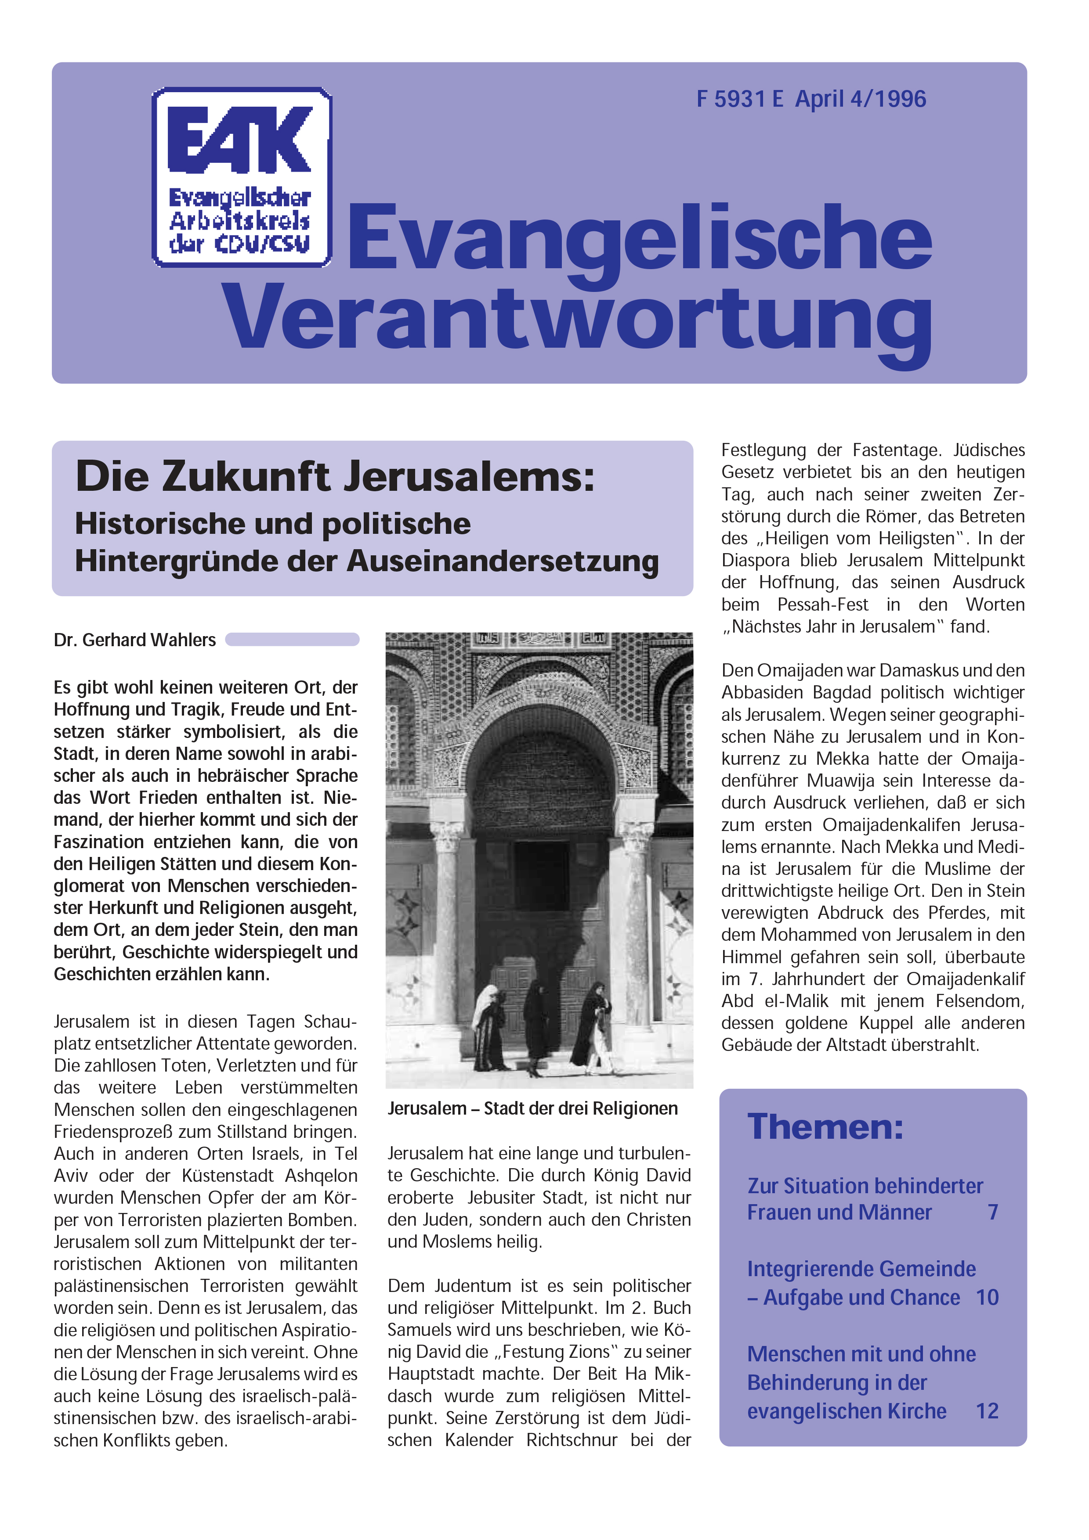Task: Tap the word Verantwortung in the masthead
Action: click(x=579, y=317)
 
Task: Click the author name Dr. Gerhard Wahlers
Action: click(x=135, y=640)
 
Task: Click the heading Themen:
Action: click(x=825, y=1127)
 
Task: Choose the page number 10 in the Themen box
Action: click(x=987, y=1298)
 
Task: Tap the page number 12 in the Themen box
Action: click(x=987, y=1411)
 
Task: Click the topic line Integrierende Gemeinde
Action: click(x=861, y=1269)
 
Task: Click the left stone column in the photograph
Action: click(x=447, y=925)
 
